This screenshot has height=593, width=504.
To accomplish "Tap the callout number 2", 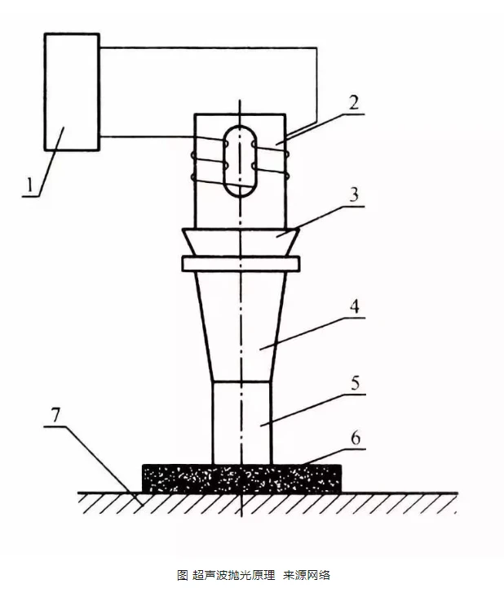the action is click(x=354, y=102).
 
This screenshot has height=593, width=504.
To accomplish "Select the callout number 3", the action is click(x=354, y=194).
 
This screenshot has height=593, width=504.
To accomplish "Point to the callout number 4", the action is click(x=355, y=307).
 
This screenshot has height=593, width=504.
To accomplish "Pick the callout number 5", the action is click(x=356, y=383).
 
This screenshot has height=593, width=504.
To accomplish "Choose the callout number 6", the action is click(x=356, y=439).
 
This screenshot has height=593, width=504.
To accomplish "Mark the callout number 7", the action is click(x=55, y=415).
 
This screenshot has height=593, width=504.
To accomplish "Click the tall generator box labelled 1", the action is click(x=72, y=92).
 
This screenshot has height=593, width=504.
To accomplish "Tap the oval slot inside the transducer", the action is click(x=240, y=162).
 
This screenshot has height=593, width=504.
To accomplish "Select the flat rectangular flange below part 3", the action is click(x=241, y=264).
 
